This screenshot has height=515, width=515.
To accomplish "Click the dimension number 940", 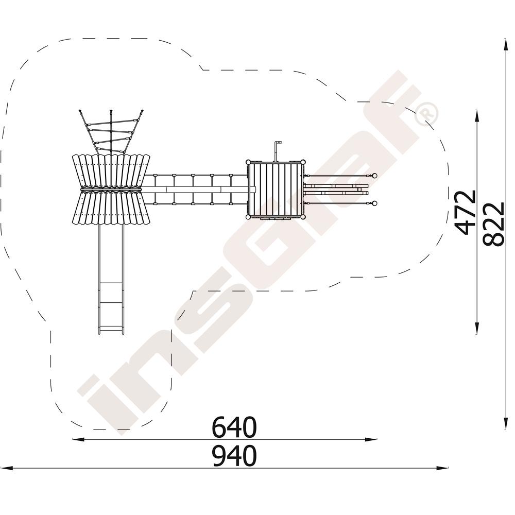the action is click(233, 456).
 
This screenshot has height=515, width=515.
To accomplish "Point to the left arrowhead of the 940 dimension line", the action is click(7, 468).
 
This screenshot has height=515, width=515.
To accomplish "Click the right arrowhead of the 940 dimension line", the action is click(443, 468).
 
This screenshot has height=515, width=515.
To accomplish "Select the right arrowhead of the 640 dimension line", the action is click(371, 439).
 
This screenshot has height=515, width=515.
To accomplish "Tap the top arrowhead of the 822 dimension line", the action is click(505, 44).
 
